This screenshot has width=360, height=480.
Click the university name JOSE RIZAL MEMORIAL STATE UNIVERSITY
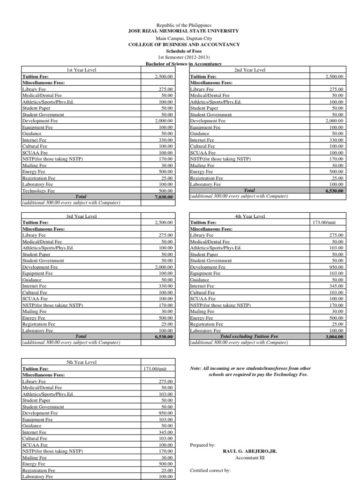[184, 30]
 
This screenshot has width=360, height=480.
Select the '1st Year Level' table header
[82, 70]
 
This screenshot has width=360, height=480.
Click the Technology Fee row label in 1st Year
[38, 191]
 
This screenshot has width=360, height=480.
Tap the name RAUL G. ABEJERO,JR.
[249, 451]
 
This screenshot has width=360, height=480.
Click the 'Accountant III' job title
[249, 457]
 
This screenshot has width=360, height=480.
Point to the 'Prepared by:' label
[203, 444]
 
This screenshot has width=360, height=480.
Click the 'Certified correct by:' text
[210, 470]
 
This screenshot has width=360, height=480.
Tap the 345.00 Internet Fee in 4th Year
[336, 285]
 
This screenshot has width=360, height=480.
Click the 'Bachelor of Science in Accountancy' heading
[184, 63]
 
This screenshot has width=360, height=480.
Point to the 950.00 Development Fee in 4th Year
[336, 267]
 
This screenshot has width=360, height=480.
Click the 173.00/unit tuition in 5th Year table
[158, 368]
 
